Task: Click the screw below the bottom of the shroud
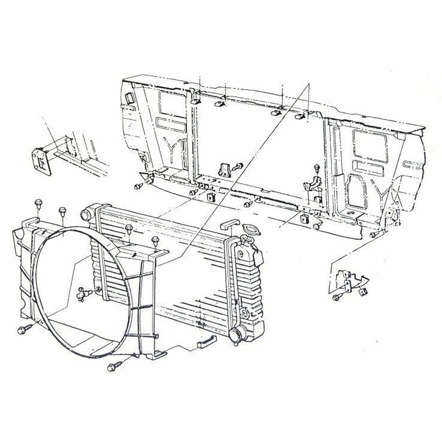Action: coord(112,367)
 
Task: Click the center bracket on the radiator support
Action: coord(225,170)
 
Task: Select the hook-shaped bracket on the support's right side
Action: coord(311,183)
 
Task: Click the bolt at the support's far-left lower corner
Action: coord(138,187)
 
